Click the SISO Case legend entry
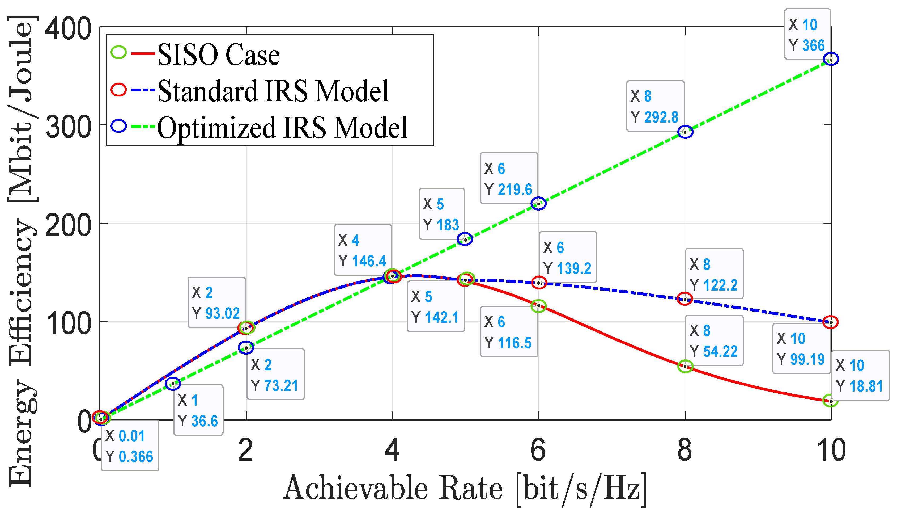click(218, 55)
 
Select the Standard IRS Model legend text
click(273, 91)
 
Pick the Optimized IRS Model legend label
click(282, 128)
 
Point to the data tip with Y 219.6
click(508, 179)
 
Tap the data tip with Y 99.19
click(801, 349)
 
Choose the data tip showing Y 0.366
click(130, 446)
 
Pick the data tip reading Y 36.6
click(198, 410)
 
